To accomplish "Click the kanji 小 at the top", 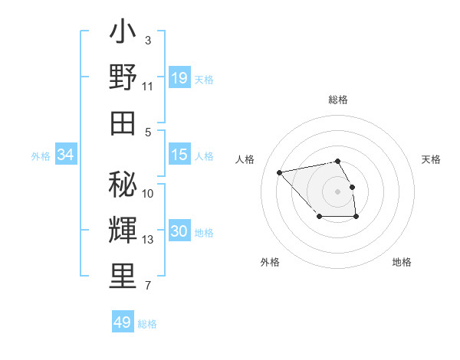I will [123, 34].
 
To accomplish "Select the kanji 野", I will [123, 78].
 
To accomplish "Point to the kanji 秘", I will [123, 185].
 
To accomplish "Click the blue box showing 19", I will [179, 77].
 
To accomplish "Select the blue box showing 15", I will [179, 155].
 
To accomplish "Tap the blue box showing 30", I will [179, 232].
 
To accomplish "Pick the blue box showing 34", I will [66, 155].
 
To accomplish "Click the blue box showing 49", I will [122, 322].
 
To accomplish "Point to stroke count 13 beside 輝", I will [148, 240].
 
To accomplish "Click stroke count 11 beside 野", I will [148, 87].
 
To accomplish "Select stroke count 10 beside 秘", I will [148, 194].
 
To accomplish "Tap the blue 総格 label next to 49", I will [147, 324].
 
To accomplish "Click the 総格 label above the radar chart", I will [337, 100].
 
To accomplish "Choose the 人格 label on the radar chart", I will [245, 159].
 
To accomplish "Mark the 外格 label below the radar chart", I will [270, 262].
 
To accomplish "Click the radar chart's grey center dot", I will [337, 190].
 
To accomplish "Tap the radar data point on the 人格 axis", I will [280, 172].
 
